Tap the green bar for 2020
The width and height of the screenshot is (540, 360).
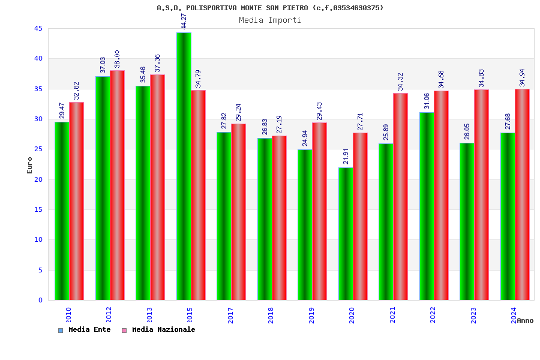[346, 233]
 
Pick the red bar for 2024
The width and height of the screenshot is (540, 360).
[522, 194]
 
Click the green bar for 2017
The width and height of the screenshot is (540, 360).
[224, 216]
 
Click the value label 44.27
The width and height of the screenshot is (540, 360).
[184, 21]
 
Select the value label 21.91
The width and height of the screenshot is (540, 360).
[346, 156]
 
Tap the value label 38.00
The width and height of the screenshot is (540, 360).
[117, 59]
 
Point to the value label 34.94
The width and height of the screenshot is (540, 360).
[522, 77]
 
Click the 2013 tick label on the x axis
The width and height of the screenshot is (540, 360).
[149, 315]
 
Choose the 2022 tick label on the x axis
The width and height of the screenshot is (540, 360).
[433, 315]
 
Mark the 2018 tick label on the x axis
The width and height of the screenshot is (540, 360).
[271, 315]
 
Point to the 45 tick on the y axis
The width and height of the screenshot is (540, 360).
[38, 29]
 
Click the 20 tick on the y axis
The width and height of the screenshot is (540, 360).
[38, 179]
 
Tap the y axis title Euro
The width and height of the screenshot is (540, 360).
[30, 165]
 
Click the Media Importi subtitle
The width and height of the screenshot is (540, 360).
[270, 20]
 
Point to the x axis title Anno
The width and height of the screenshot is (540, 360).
[525, 320]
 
